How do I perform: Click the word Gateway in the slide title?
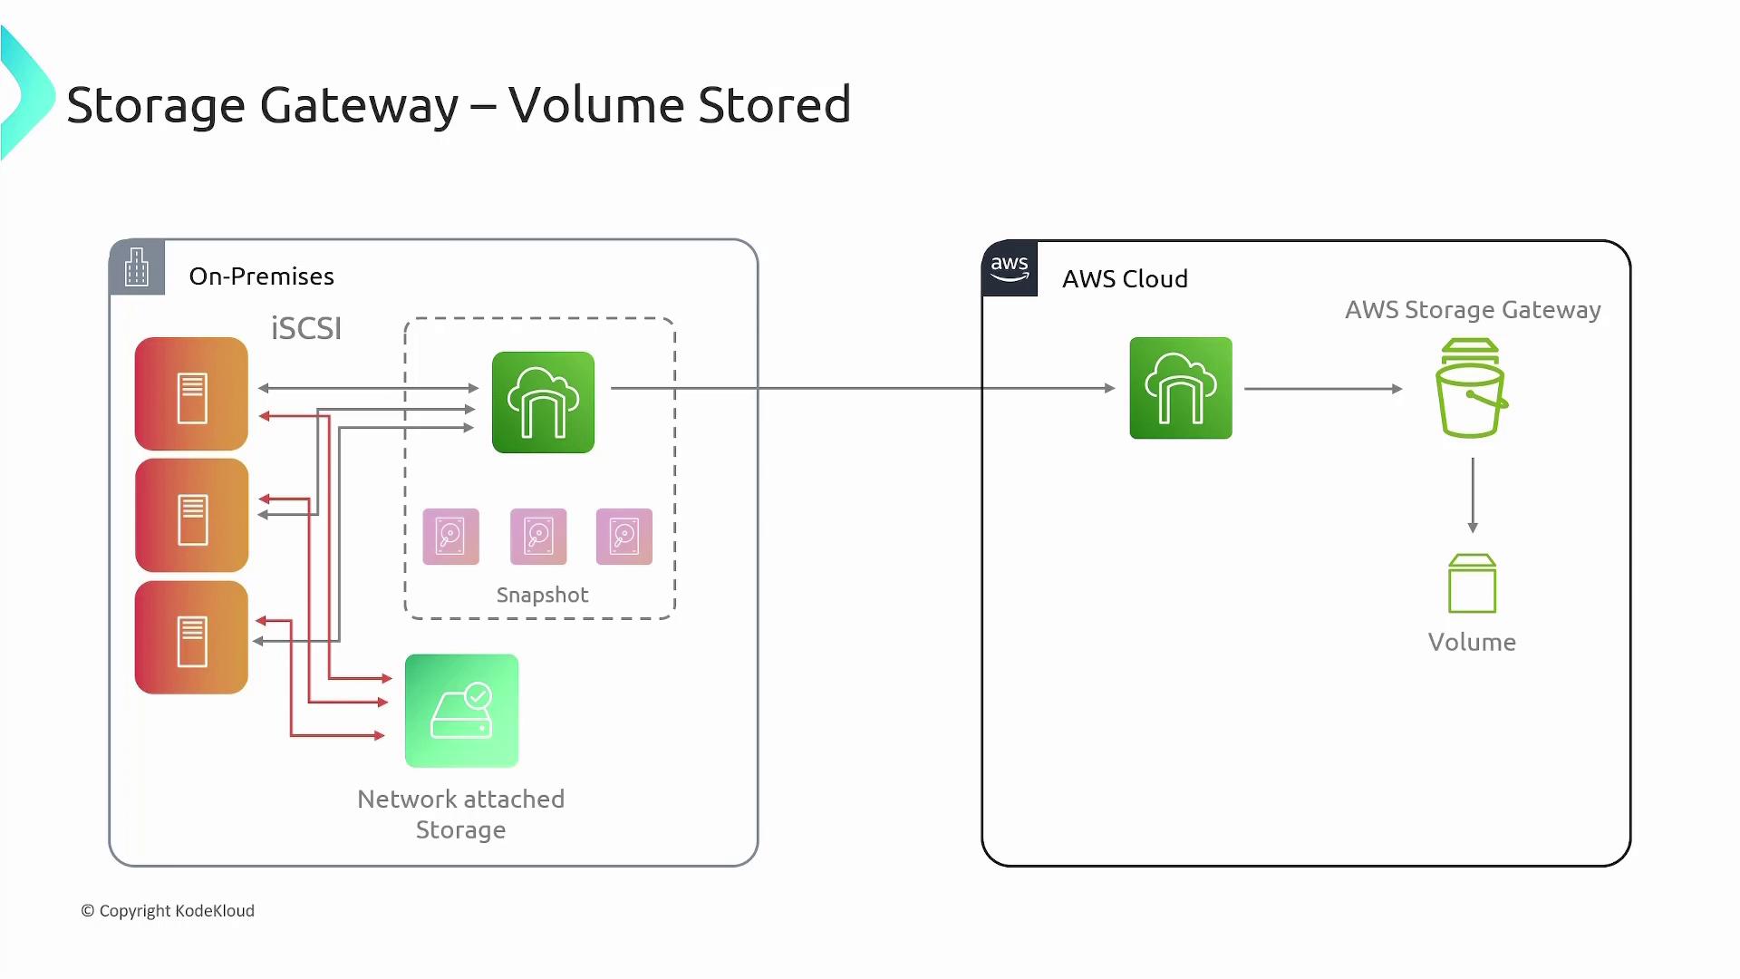(x=359, y=106)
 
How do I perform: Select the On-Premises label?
(x=261, y=276)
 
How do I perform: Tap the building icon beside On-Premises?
(x=137, y=267)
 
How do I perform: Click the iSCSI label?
(x=306, y=328)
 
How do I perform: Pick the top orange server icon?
(x=191, y=394)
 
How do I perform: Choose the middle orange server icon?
(x=191, y=516)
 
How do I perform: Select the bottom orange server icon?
(x=191, y=638)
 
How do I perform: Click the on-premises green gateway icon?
(x=543, y=402)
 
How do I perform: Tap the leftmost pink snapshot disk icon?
(x=450, y=537)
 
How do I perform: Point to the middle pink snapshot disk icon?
(x=538, y=537)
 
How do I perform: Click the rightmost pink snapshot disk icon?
(x=624, y=537)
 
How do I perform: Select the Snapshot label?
(x=542, y=596)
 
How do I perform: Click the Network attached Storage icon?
(x=461, y=711)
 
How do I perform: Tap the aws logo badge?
(x=1010, y=268)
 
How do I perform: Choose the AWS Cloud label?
(x=1125, y=279)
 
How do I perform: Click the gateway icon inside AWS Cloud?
(x=1181, y=388)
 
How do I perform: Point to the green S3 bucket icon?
(x=1471, y=389)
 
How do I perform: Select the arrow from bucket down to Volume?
(x=1473, y=495)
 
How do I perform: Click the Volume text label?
(x=1472, y=643)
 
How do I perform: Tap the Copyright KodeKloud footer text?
(x=168, y=911)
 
